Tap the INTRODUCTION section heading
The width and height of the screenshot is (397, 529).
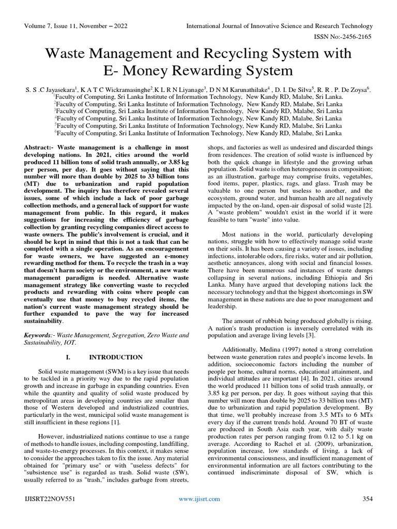(116, 357)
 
